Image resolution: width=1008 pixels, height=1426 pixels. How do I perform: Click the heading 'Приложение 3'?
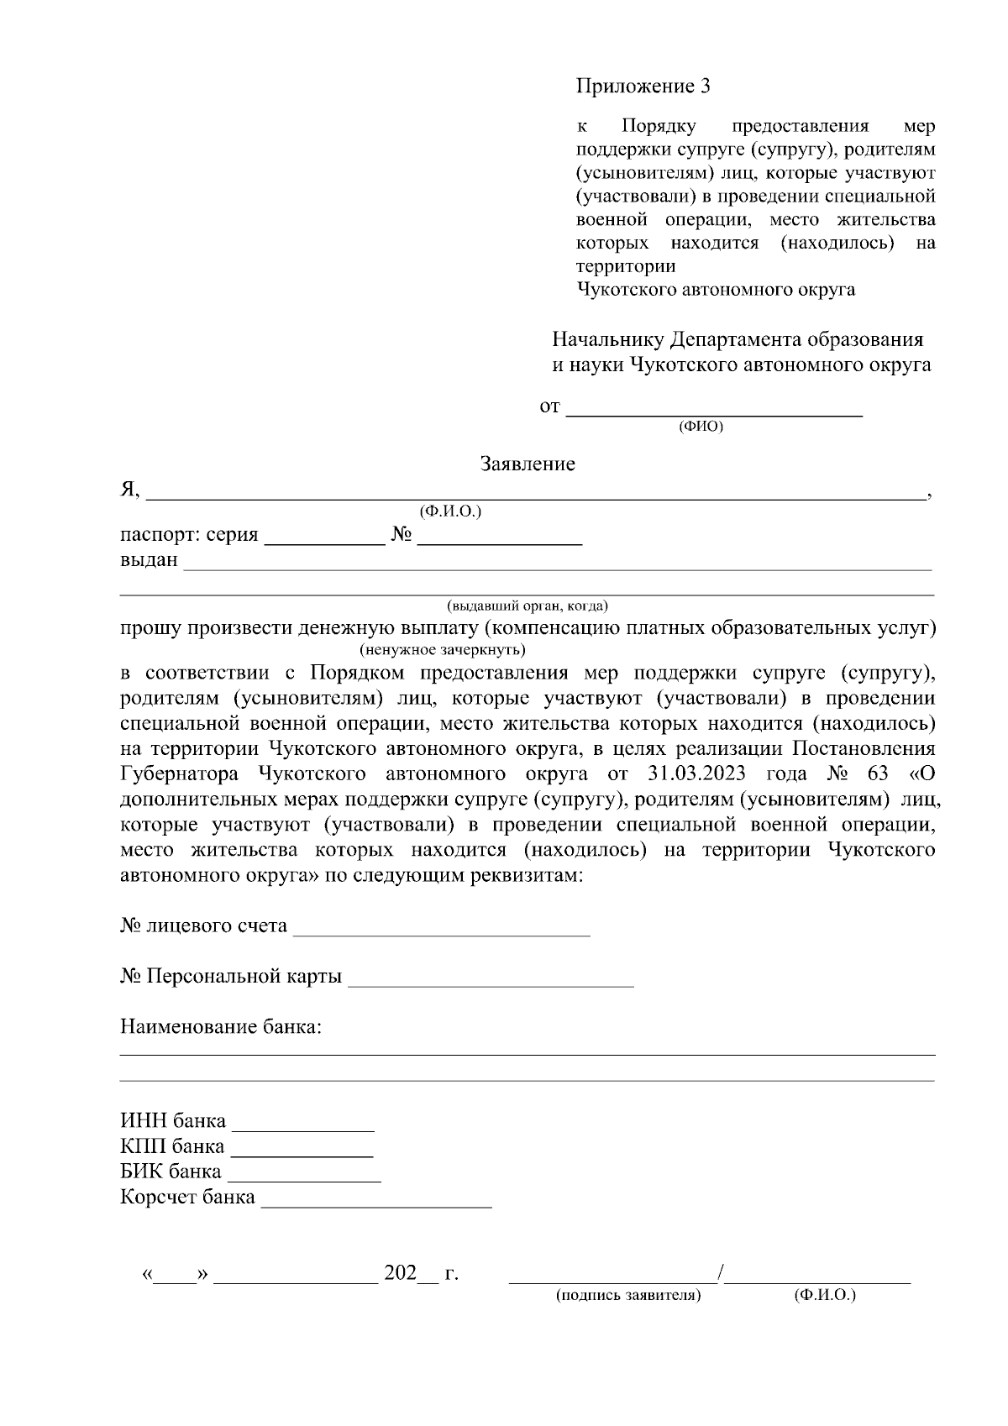(643, 87)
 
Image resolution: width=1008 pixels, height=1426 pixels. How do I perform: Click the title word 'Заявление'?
(528, 464)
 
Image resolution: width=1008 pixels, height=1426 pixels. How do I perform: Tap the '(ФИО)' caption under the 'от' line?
(701, 426)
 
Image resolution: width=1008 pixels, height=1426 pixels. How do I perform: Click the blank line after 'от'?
(715, 409)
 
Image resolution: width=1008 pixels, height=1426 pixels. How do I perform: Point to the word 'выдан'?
(149, 560)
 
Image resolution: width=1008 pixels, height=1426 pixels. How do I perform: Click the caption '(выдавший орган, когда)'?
(528, 606)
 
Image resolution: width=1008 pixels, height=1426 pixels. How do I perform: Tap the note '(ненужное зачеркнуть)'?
(443, 650)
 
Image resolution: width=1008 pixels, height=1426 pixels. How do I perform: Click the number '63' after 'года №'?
(874, 773)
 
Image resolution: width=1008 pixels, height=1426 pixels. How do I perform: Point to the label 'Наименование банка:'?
(221, 1027)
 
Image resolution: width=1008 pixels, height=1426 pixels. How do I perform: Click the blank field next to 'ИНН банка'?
(303, 1123)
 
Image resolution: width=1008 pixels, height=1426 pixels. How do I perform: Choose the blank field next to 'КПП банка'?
(302, 1148)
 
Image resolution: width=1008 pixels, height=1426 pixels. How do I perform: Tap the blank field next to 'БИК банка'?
(304, 1173)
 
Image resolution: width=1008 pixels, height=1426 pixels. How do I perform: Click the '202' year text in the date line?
(401, 1273)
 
